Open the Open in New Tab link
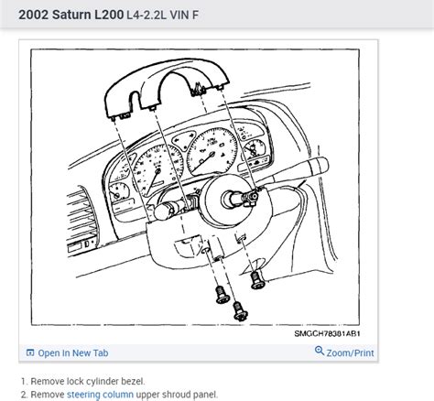(x=72, y=352)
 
